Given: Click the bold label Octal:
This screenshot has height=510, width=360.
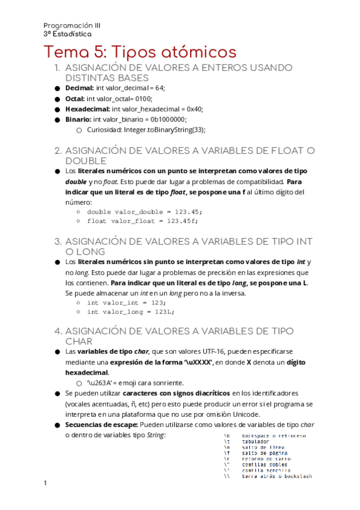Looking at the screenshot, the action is coord(75,99).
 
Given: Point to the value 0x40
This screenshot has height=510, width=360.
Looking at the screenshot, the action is coord(194,109).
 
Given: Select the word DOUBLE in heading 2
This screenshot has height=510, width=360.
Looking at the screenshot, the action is coord(86,161).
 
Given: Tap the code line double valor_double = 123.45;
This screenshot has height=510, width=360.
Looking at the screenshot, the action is coord(145,212).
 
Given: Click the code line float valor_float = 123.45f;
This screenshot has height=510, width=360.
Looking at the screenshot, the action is coord(142,221).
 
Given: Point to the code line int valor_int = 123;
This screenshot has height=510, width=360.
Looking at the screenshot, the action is coord(126,303).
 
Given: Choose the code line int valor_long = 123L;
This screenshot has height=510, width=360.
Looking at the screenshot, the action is coord(130,312).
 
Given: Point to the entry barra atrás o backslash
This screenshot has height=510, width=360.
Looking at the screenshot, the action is coord(276,476).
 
